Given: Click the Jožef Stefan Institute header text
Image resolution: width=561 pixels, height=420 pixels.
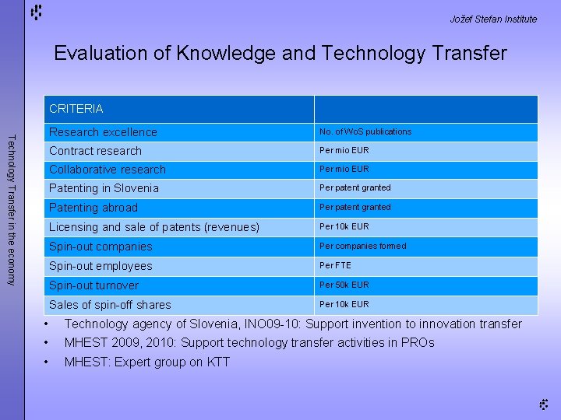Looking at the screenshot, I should pyautogui.click(x=493, y=19).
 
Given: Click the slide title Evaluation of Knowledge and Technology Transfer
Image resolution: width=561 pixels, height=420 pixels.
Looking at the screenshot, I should pyautogui.click(x=280, y=53).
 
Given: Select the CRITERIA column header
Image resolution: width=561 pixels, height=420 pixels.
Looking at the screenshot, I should pyautogui.click(x=76, y=109).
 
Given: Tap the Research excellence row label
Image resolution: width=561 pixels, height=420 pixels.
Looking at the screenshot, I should pyautogui.click(x=103, y=132).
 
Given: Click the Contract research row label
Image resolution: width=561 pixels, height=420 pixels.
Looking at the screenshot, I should pyautogui.click(x=95, y=151).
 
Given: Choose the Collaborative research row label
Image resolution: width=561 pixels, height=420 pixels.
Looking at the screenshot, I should pyautogui.click(x=108, y=170).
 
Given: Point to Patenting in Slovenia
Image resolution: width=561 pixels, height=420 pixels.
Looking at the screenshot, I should pyautogui.click(x=104, y=188).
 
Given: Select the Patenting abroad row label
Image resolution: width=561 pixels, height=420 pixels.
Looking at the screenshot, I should pyautogui.click(x=93, y=208).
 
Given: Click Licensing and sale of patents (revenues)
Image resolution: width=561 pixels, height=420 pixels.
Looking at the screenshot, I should pyautogui.click(x=153, y=227).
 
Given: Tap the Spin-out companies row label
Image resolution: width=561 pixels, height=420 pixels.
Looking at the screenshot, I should pyautogui.click(x=101, y=247).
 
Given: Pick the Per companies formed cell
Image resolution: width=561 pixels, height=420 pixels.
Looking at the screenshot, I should pyautogui.click(x=362, y=246).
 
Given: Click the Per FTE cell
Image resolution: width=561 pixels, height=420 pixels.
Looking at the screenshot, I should pyautogui.click(x=335, y=265).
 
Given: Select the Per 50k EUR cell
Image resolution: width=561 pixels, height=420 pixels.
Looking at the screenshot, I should pyautogui.click(x=344, y=285).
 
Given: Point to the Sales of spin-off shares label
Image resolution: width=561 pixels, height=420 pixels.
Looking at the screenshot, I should pyautogui.click(x=110, y=305).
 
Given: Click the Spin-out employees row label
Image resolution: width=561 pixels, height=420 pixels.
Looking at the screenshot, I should pyautogui.click(x=101, y=266).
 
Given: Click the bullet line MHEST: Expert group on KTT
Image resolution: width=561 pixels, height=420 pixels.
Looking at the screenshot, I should pyautogui.click(x=146, y=362).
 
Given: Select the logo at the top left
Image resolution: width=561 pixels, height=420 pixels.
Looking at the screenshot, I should pyautogui.click(x=37, y=12).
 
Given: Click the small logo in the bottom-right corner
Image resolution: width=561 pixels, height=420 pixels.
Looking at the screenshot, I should pyautogui.click(x=544, y=403).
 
